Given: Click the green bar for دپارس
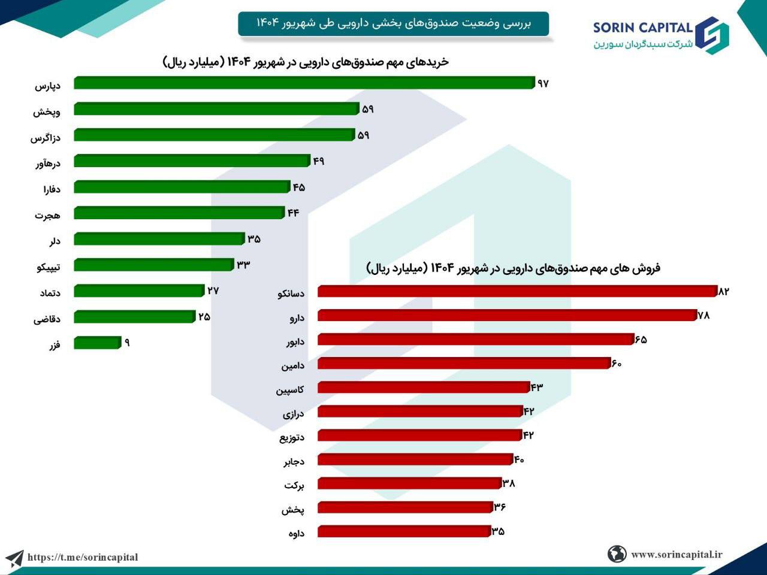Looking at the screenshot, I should pyautogui.click(x=304, y=83).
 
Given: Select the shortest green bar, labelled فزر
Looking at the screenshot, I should pyautogui.click(x=98, y=343).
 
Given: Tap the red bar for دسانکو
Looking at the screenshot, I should pyautogui.click(x=517, y=291).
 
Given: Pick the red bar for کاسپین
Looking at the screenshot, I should pyautogui.click(x=423, y=387).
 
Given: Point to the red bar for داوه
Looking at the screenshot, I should pyautogui.click(x=404, y=531).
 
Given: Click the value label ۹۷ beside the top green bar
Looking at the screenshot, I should pyautogui.click(x=543, y=83).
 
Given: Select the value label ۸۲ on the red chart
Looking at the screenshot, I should pyautogui.click(x=723, y=291).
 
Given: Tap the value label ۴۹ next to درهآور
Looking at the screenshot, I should pyautogui.click(x=318, y=161).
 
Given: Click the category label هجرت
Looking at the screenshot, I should pyautogui.click(x=47, y=215).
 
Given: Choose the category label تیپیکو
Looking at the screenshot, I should pyautogui.click(x=48, y=267).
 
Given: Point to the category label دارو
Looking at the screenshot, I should pyautogui.click(x=297, y=317).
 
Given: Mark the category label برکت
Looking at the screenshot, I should pyautogui.click(x=294, y=485).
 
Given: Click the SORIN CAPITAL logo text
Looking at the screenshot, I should pyautogui.click(x=643, y=28).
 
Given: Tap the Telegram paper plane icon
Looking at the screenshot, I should pyautogui.click(x=14, y=558).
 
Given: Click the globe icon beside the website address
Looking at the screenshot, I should pyautogui.click(x=617, y=554).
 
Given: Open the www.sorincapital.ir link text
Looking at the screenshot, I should pyautogui.click(x=677, y=554).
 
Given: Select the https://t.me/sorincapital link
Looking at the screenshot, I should pyautogui.click(x=83, y=557).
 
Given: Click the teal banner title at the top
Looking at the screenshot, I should pyautogui.click(x=393, y=23).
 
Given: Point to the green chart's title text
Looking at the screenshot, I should pyautogui.click(x=306, y=62).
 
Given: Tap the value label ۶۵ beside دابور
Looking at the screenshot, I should pyautogui.click(x=641, y=339).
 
